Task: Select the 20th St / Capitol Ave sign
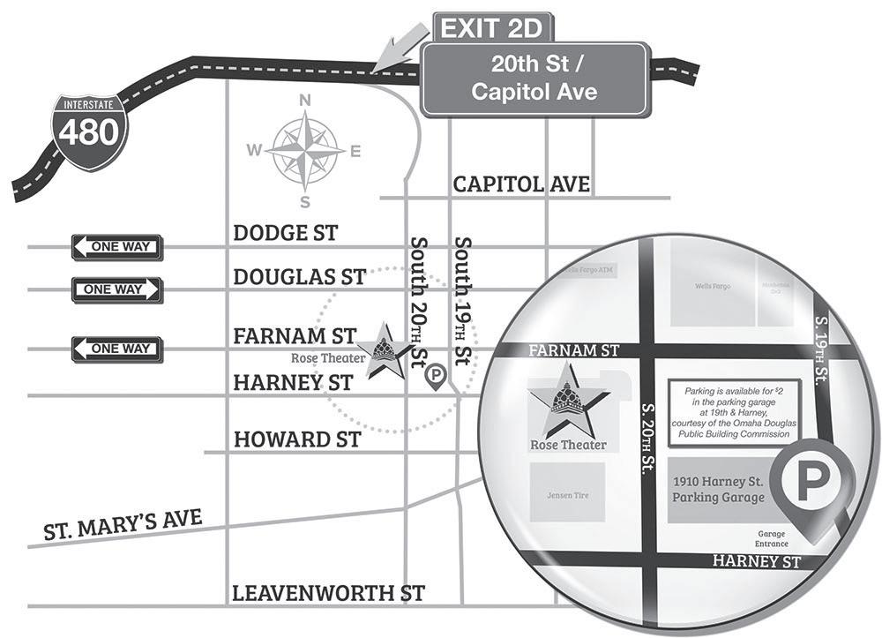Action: click(534, 79)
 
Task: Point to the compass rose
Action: click(305, 151)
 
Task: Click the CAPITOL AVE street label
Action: click(520, 184)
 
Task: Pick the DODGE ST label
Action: click(285, 233)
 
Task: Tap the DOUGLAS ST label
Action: click(299, 277)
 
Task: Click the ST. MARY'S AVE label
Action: click(123, 522)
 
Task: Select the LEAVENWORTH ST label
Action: click(328, 593)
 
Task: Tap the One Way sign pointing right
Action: click(116, 289)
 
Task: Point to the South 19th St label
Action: click(461, 300)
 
